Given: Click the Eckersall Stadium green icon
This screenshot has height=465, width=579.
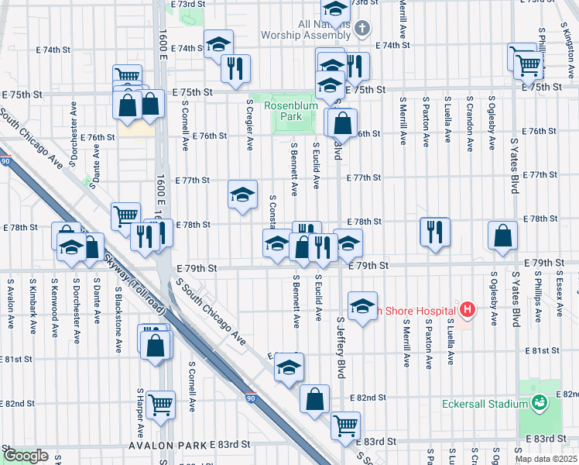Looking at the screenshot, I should pos(540,403).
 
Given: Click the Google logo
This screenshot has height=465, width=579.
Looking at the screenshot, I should pos(26,456).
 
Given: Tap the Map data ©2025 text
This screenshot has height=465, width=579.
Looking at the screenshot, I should pos(545,459).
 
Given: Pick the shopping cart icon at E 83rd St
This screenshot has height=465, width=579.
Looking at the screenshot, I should pos(345,424).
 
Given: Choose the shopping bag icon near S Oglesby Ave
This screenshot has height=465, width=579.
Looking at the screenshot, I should pos(503,236).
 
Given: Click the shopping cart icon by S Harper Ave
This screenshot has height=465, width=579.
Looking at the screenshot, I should pos(160,403).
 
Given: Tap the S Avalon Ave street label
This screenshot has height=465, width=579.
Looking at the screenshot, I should pos(9,298).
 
